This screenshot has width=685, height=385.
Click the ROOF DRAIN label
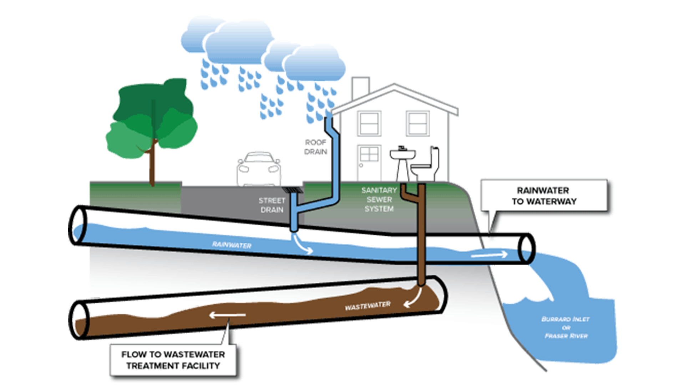316,147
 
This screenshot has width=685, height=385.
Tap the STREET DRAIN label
272,205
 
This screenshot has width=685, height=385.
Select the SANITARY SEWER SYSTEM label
379,200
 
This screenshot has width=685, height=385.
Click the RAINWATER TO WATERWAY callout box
544,196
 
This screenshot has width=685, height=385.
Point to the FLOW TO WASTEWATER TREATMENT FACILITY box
173,360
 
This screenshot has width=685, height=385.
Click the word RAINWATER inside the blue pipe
232,245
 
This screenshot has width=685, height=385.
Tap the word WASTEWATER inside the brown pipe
367,306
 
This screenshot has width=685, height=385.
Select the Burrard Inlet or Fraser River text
565,327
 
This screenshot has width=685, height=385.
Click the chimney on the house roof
360,87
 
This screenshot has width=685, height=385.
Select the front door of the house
369,162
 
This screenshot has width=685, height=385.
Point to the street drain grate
292,190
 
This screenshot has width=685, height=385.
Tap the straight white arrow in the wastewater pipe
227,315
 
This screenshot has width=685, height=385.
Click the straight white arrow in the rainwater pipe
489,255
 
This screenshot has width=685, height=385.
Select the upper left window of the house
369,123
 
